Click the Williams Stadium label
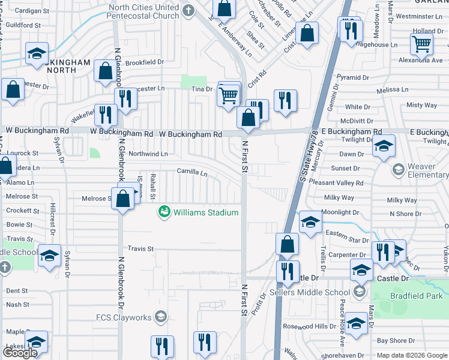pos(206,212)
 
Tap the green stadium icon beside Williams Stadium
pos(163,212)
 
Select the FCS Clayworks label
pos(124,317)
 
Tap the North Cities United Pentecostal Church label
pos(144,11)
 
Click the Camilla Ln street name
pos(191,173)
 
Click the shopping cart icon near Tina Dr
pos(229,94)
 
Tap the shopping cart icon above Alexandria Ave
pos(421,43)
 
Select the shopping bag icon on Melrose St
pos(123,199)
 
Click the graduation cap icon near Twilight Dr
pos(384,146)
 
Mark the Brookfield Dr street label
pos(145,62)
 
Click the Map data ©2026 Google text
pos(412,355)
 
